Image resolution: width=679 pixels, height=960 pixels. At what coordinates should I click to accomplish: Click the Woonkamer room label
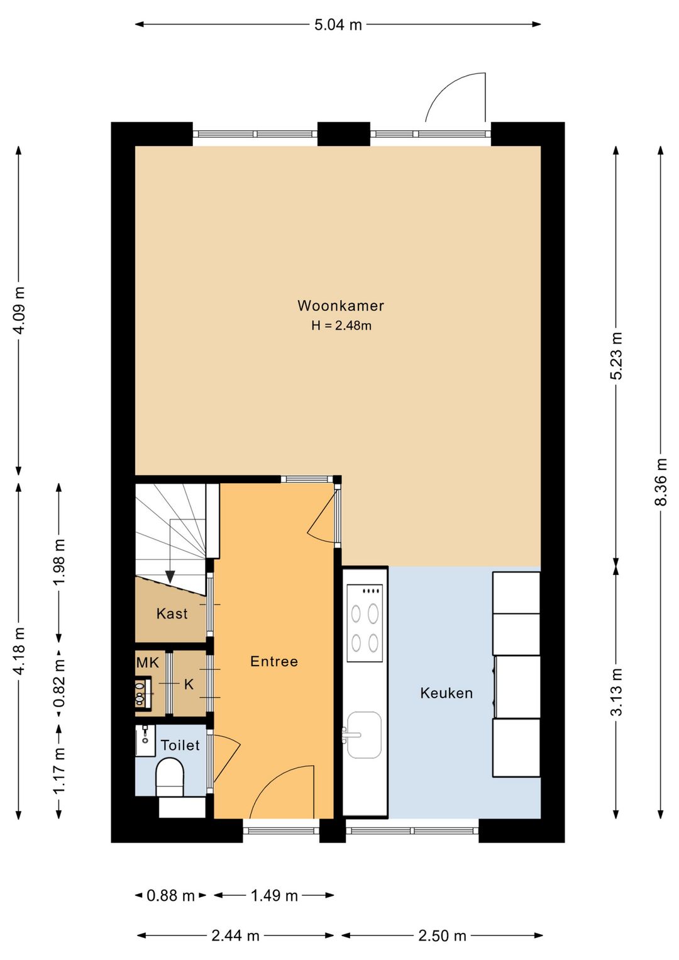tap(341, 306)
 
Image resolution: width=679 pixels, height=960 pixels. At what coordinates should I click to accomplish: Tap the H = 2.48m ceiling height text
tap(341, 326)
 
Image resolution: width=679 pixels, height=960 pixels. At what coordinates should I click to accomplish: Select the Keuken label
tap(446, 693)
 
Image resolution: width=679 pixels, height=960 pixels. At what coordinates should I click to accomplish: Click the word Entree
tap(274, 661)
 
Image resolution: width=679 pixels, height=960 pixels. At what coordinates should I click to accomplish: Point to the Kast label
tap(172, 614)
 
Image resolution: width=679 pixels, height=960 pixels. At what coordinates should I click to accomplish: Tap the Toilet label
tap(180, 745)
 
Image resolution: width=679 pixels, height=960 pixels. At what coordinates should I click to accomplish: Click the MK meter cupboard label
tap(147, 663)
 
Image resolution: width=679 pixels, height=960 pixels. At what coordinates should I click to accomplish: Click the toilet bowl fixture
tap(170, 778)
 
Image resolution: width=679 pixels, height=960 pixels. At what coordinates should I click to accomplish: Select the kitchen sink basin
tap(364, 735)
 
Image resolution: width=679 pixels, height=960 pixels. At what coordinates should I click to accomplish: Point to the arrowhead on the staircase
tap(170, 577)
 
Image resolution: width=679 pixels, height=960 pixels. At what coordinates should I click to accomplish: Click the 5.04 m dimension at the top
tap(338, 25)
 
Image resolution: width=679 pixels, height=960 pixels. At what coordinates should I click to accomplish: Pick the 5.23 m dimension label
tap(616, 356)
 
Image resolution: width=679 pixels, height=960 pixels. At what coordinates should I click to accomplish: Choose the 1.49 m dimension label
tap(274, 895)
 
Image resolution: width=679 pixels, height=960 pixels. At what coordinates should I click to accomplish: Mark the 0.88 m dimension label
tap(170, 895)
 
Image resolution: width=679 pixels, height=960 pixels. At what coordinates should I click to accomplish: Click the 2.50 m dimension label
tap(442, 935)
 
